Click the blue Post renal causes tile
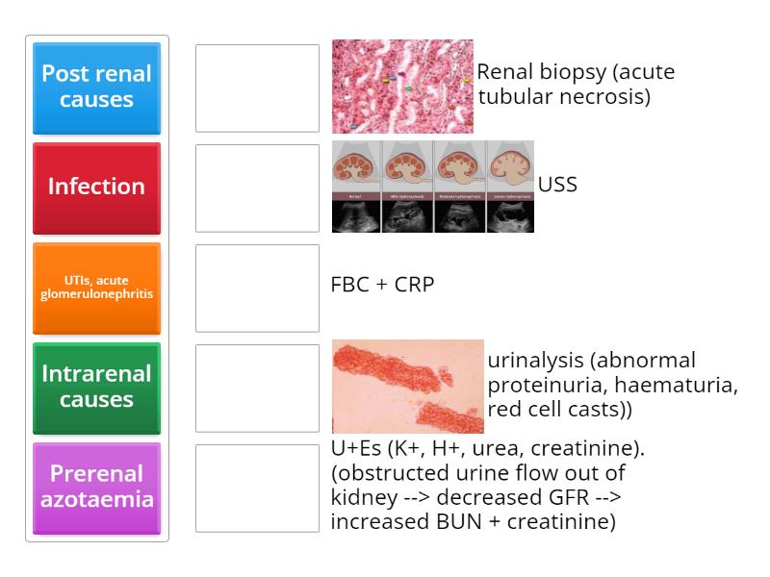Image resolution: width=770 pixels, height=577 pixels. pyautogui.click(x=96, y=88)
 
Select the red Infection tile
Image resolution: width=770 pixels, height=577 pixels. pyautogui.click(x=96, y=188)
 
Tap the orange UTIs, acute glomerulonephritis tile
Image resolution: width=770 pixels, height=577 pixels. pyautogui.click(x=96, y=288)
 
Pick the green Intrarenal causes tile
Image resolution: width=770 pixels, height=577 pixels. pyautogui.click(x=96, y=388)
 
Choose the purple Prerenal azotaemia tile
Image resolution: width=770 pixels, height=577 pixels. pyautogui.click(x=96, y=488)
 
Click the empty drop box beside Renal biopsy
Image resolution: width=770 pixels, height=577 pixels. pyautogui.click(x=257, y=88)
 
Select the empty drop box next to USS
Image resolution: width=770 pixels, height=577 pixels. pyautogui.click(x=257, y=188)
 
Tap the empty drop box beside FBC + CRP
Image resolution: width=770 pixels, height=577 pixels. pyautogui.click(x=257, y=288)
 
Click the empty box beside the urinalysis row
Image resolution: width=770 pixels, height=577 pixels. pyautogui.click(x=257, y=389)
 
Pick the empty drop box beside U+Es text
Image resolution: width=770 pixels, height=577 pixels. pyautogui.click(x=257, y=489)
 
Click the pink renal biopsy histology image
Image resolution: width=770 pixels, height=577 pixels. pyautogui.click(x=402, y=87)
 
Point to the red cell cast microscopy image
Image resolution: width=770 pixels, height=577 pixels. pyautogui.click(x=407, y=387)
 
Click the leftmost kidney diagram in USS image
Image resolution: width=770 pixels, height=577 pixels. pyautogui.click(x=357, y=169)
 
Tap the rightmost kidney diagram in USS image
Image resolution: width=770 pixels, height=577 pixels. pyautogui.click(x=509, y=169)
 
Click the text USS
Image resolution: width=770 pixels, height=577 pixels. pyautogui.click(x=557, y=185)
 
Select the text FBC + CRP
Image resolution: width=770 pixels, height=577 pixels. pyautogui.click(x=382, y=285)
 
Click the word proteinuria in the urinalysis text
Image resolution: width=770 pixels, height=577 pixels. pyautogui.click(x=543, y=386)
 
